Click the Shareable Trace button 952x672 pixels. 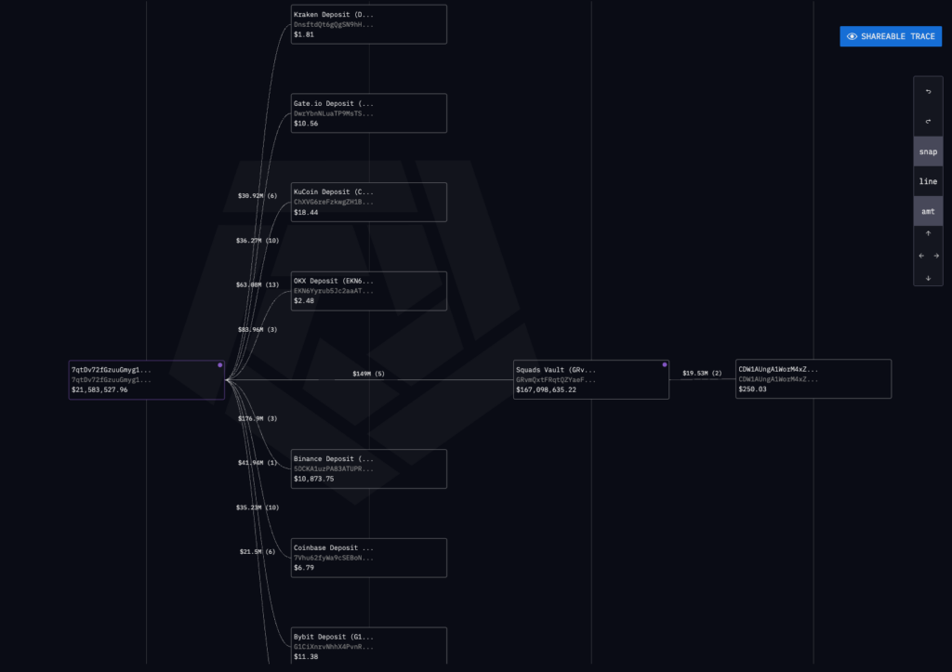coord(891,36)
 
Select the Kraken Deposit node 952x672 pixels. coord(369,24)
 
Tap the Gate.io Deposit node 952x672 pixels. coord(369,112)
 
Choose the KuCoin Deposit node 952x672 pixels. coord(369,202)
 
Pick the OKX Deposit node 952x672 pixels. coord(369,291)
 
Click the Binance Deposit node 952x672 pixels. coord(369,468)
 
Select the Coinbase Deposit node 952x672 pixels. coord(369,558)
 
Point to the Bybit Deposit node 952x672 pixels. coord(369,646)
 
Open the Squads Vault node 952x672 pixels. coord(590,379)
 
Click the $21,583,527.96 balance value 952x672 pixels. coord(99,390)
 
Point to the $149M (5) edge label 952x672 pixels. coord(368,374)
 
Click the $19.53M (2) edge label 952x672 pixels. coord(702,374)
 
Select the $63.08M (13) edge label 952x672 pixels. coord(258,285)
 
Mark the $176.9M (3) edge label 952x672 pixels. coord(258,419)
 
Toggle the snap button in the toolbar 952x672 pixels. coord(928,152)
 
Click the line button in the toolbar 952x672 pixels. coord(928,181)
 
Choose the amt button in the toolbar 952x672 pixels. coord(928,211)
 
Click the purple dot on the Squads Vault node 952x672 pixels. coord(665,364)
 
